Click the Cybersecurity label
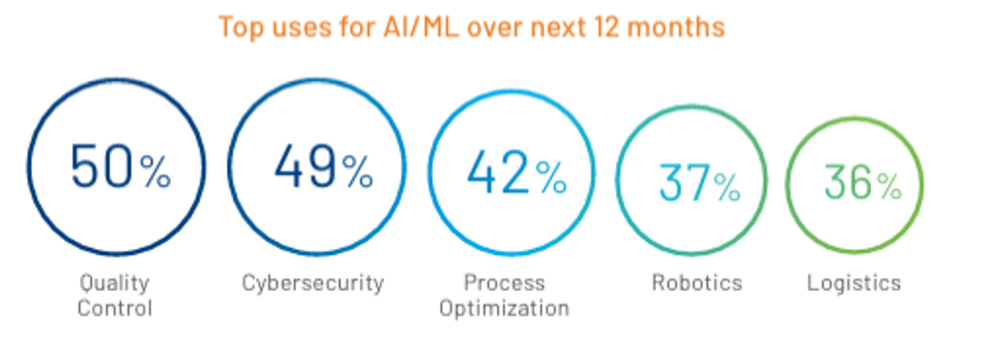click(313, 282)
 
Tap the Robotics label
click(696, 282)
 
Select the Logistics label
click(854, 282)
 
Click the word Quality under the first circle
click(114, 283)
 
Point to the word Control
click(114, 307)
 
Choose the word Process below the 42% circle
click(504, 282)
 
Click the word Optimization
click(504, 307)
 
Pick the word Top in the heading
click(241, 27)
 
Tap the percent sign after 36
click(889, 188)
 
